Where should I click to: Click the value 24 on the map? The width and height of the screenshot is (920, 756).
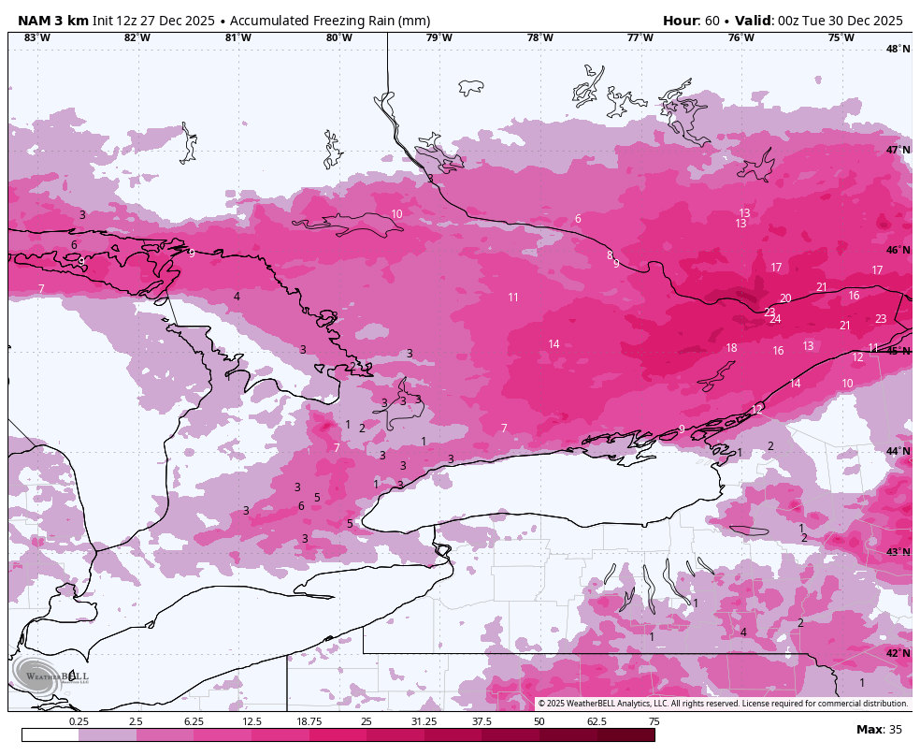[775, 319]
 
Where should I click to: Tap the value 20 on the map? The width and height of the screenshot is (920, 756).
[785, 298]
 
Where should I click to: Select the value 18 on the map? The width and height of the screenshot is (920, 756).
[731, 348]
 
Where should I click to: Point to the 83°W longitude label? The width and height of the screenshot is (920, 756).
[36, 37]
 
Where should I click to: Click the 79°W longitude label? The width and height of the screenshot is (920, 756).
[438, 37]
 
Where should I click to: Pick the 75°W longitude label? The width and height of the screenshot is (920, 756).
[841, 37]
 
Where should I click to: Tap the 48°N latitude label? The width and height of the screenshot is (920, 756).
[898, 49]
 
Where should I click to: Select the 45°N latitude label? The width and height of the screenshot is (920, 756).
[898, 351]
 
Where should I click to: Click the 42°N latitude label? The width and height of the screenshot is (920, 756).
[898, 653]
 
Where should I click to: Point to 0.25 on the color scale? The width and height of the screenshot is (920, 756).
[79, 721]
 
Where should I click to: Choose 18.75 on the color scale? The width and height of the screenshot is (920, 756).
[309, 721]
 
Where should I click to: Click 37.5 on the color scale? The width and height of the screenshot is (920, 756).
[482, 721]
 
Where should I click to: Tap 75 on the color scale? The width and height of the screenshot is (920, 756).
[654, 721]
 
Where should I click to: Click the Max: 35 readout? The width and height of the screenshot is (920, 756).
[879, 729]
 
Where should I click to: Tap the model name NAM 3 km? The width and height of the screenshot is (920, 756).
[52, 21]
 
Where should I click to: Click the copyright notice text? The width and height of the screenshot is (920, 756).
[722, 704]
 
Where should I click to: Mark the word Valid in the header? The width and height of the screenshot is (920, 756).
[755, 21]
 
